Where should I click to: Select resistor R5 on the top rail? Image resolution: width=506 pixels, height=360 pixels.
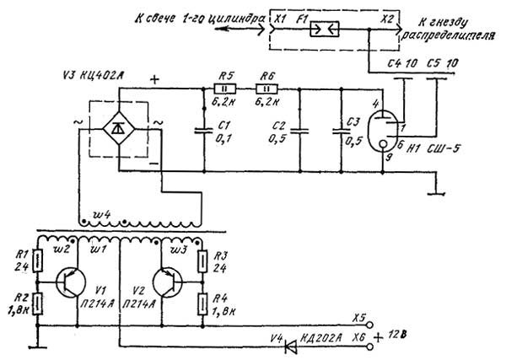coord(224,88)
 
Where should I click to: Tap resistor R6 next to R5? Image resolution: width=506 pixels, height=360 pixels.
coord(268,88)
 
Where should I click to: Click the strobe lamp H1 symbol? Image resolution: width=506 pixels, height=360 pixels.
coord(385,132)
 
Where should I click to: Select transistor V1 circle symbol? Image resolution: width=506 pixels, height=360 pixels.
coord(67,282)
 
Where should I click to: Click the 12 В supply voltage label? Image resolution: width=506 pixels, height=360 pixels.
coord(407,339)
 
